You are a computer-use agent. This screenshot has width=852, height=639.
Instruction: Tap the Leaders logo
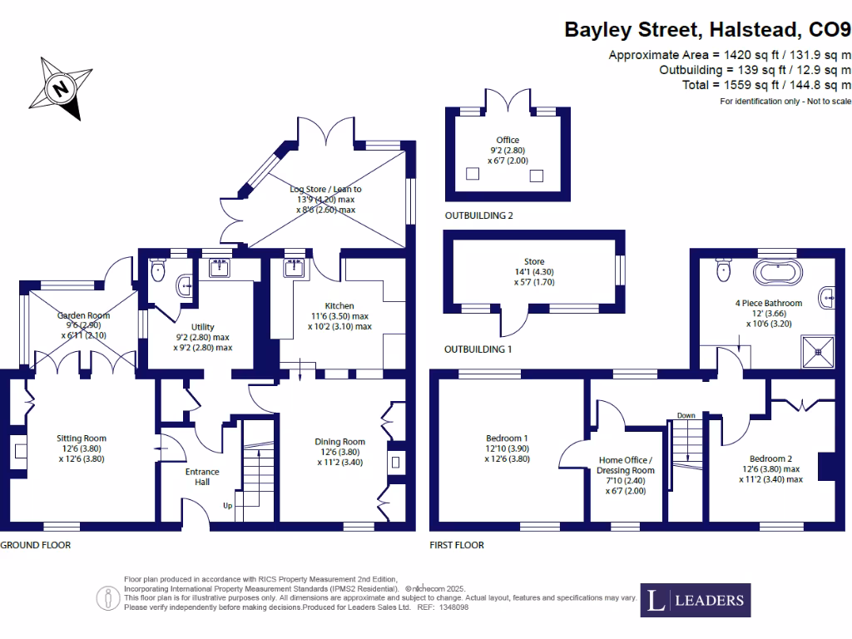coord(696,600)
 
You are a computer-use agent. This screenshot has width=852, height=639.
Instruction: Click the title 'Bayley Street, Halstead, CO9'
coord(708,30)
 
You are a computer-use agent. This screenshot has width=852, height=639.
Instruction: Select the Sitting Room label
coord(82,438)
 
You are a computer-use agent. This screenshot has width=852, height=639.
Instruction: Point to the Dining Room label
coord(339,442)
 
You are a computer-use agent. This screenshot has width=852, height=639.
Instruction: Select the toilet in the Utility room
coord(160,270)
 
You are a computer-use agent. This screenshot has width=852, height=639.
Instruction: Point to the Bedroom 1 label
coord(507,438)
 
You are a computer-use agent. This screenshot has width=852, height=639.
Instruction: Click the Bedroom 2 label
coord(770,459)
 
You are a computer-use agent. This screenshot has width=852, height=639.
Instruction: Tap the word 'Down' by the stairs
coord(686,415)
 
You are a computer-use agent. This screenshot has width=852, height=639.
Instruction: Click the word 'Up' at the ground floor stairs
coord(227,506)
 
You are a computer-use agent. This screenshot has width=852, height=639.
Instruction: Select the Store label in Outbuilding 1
coord(533,261)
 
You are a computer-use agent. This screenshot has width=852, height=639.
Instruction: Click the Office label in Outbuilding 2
coord(508,140)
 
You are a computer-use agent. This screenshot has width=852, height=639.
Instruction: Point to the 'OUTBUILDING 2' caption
coord(478,215)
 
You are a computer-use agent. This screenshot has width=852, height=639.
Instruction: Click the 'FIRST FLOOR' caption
coord(457,545)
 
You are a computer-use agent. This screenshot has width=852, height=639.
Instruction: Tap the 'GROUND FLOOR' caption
coord(35,545)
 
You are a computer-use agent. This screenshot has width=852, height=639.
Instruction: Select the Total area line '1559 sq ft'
coord(766,85)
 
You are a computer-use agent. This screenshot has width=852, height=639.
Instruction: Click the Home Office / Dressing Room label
coord(625,470)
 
